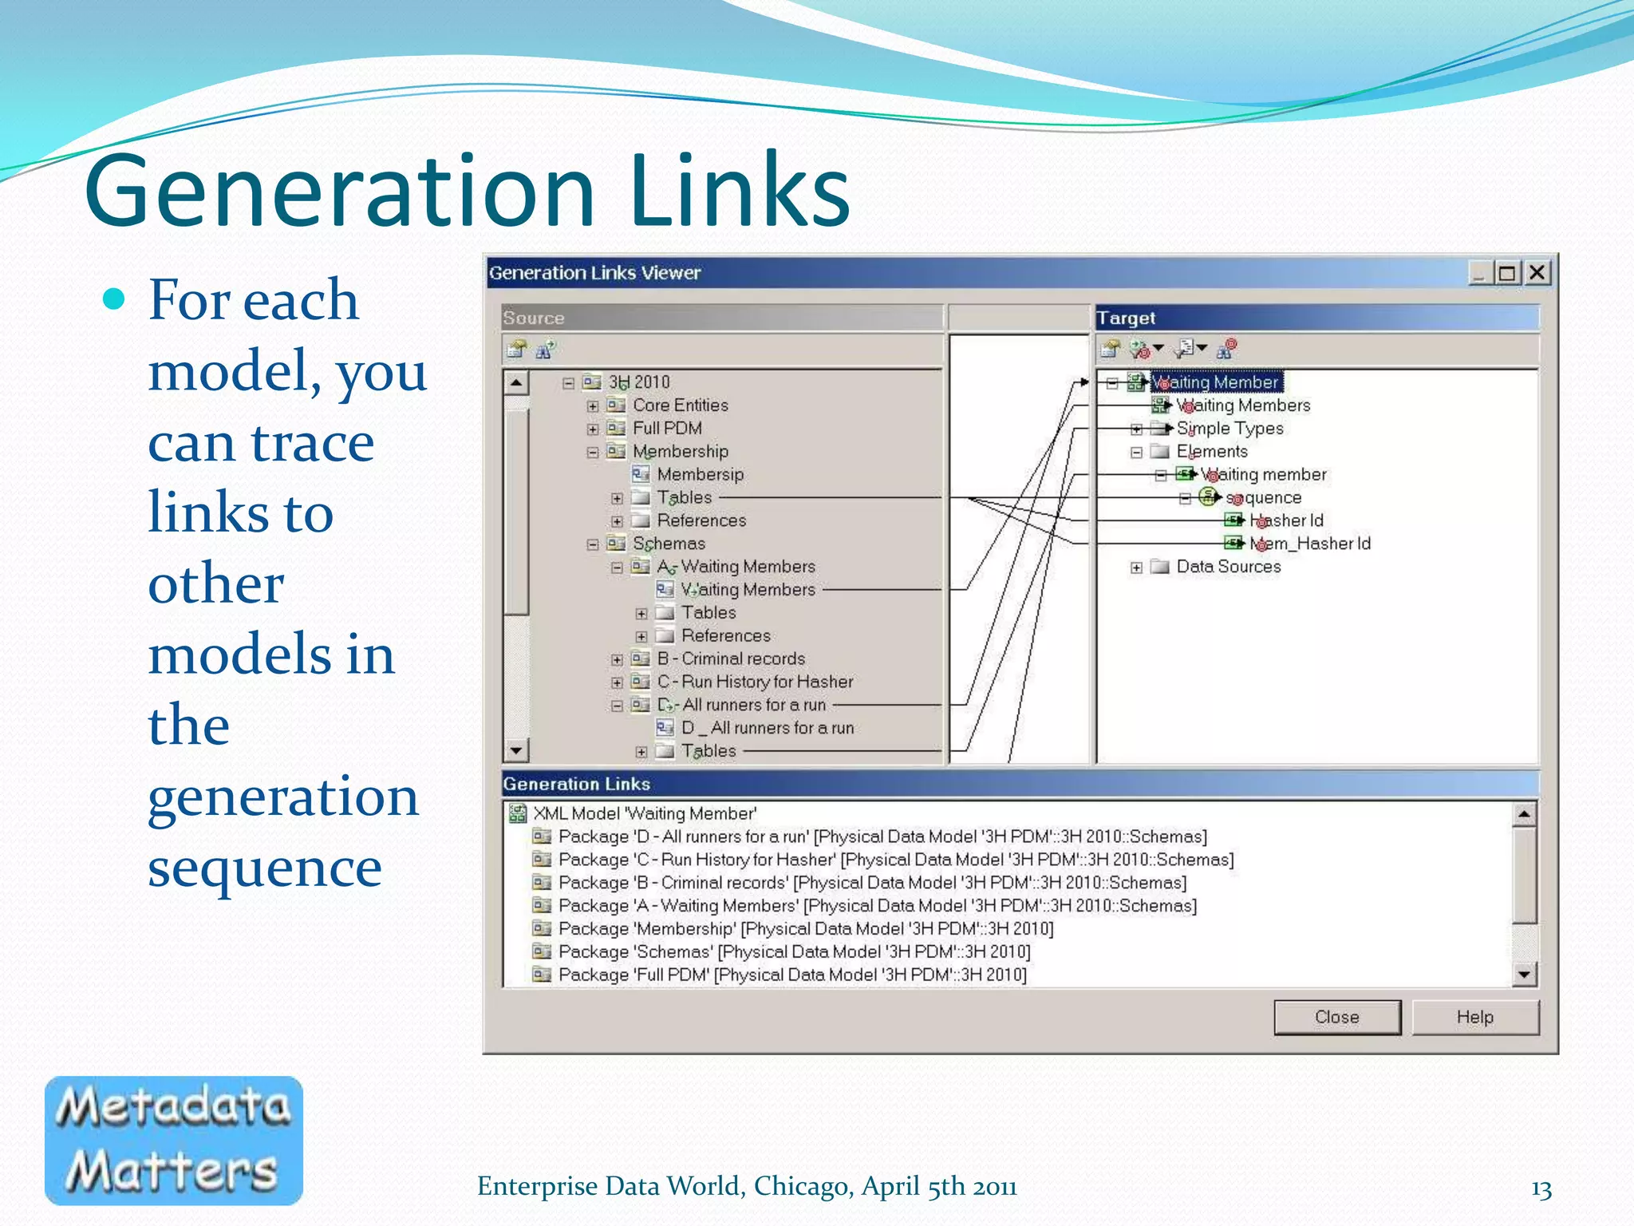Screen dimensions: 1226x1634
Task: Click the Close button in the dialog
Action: tap(1336, 1017)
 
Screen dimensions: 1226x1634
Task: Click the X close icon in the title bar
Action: tap(1537, 273)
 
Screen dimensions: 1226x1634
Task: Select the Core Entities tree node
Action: tap(680, 405)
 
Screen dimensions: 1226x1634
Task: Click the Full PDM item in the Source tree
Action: tap(667, 429)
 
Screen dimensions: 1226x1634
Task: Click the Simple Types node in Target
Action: tap(1229, 429)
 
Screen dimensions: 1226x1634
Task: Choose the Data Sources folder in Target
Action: tap(1228, 567)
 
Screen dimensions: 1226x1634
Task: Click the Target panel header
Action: tap(1316, 318)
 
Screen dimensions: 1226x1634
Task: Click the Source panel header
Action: tap(722, 318)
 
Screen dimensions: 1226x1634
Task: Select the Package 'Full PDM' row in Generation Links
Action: tap(791, 975)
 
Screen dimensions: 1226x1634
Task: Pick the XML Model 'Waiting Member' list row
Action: tap(644, 813)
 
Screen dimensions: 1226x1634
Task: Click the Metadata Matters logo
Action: tap(174, 1140)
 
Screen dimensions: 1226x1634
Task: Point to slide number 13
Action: tap(1541, 1189)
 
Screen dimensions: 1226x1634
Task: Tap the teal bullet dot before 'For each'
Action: tap(115, 299)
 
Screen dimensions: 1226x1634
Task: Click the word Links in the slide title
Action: tap(739, 192)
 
